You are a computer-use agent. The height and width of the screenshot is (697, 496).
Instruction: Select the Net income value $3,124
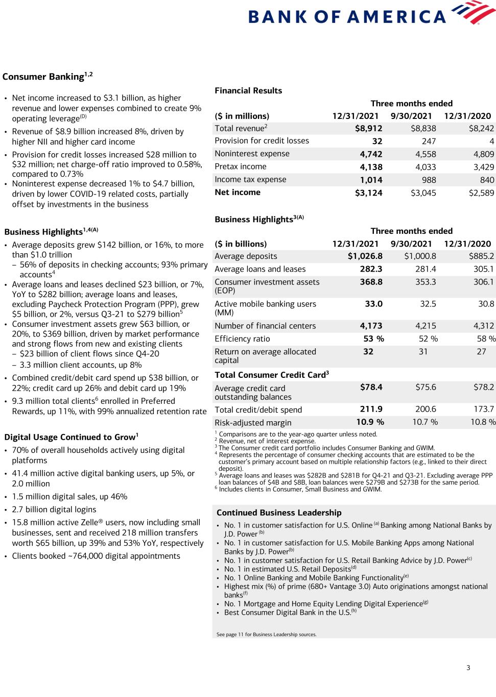(x=368, y=193)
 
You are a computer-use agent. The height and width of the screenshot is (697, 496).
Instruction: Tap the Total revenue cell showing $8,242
(x=481, y=128)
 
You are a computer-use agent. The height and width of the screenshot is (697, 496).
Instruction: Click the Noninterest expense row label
(x=252, y=154)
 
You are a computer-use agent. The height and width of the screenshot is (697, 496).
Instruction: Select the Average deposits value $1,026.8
(x=365, y=256)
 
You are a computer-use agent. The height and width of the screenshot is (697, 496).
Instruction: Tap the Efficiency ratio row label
(x=242, y=339)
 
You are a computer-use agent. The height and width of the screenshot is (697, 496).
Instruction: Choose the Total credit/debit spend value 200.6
(x=425, y=410)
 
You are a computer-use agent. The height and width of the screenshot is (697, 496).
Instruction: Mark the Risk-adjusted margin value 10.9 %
(x=370, y=422)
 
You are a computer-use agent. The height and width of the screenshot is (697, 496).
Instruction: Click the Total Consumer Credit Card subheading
(x=272, y=375)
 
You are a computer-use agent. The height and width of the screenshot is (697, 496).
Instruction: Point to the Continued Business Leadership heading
(x=279, y=513)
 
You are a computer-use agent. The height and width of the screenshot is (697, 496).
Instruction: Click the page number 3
(x=468, y=667)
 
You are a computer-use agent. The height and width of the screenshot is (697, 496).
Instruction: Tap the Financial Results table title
(x=248, y=90)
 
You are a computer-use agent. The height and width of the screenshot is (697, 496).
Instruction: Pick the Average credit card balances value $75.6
(x=426, y=388)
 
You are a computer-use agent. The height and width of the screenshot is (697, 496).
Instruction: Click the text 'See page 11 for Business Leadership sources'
(x=267, y=635)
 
